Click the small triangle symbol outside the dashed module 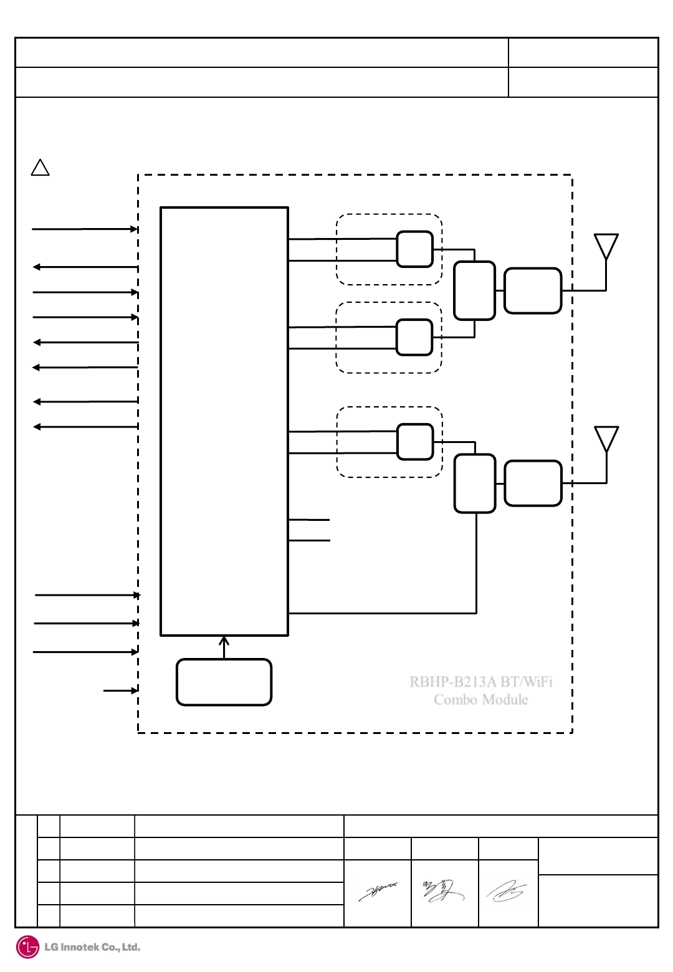(x=41, y=168)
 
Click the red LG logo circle (x=27, y=947)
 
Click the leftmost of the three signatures (x=378, y=892)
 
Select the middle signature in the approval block (x=443, y=891)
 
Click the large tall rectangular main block (x=224, y=421)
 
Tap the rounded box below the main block (x=224, y=682)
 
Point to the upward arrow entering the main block (x=224, y=647)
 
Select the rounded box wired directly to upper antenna (x=533, y=290)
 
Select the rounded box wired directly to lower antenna (x=533, y=483)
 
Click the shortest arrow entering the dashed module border (x=120, y=690)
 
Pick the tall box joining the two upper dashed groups (x=474, y=290)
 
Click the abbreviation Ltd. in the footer (x=130, y=948)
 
